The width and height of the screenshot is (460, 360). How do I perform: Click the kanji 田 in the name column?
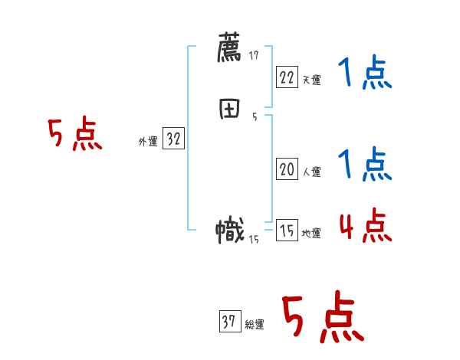pyautogui.click(x=230, y=110)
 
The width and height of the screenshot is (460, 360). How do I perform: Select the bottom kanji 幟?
pyautogui.click(x=230, y=231)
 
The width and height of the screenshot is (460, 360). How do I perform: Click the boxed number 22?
pyautogui.click(x=287, y=76)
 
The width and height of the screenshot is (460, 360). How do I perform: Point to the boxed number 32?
pyautogui.click(x=173, y=139)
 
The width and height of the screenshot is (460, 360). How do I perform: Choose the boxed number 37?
pyautogui.click(x=229, y=322)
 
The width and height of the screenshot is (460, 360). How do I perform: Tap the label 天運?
pyautogui.click(x=311, y=79)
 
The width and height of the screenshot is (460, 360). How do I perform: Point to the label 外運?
pyautogui.click(x=148, y=142)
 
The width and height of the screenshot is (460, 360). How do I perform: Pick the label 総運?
pyautogui.click(x=255, y=325)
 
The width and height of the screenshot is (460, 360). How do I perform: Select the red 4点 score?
pyautogui.click(x=365, y=226)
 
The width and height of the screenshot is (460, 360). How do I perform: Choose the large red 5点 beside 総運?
pyautogui.click(x=322, y=318)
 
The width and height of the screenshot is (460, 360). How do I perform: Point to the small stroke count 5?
pyautogui.click(x=254, y=117)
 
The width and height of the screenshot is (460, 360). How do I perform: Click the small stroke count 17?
pyautogui.click(x=254, y=56)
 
